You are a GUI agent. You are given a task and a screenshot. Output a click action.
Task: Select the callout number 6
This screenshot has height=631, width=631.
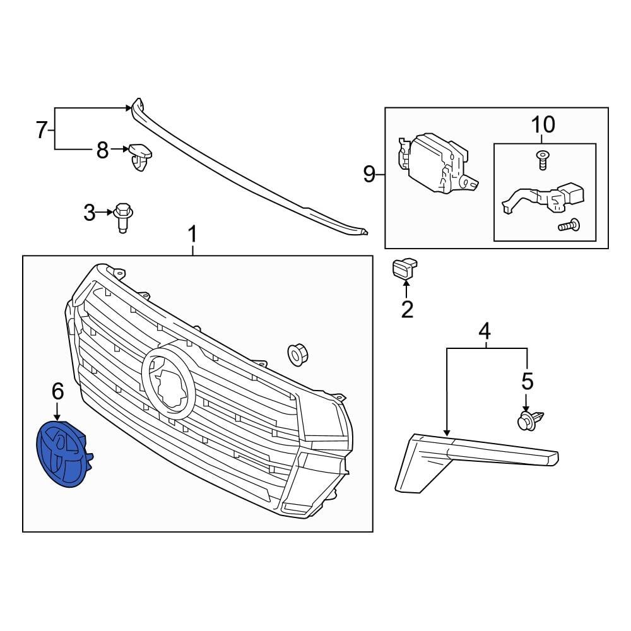coord(57,392)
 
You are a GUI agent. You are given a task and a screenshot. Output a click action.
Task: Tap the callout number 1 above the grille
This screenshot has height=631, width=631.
coord(192,236)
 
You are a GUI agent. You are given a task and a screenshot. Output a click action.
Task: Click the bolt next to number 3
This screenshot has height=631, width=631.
coord(124,217)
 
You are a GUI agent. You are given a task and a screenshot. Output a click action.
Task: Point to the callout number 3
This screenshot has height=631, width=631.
coord(90,213)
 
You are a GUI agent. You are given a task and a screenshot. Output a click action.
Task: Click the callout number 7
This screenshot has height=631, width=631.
coord(42,131)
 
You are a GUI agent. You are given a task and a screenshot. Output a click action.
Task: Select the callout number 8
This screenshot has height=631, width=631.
coord(102,150)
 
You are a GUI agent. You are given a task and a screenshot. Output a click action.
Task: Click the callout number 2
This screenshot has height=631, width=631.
coord(407,309)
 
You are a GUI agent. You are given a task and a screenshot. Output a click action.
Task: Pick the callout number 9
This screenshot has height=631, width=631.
coord(370,174)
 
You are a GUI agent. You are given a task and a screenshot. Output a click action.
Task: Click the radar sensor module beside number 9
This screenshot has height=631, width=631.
coord(435,162)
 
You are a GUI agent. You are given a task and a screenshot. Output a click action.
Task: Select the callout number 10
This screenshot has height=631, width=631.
coord(543,124)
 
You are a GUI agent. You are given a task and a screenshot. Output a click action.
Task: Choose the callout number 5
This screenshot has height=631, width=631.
coord(527,381)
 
